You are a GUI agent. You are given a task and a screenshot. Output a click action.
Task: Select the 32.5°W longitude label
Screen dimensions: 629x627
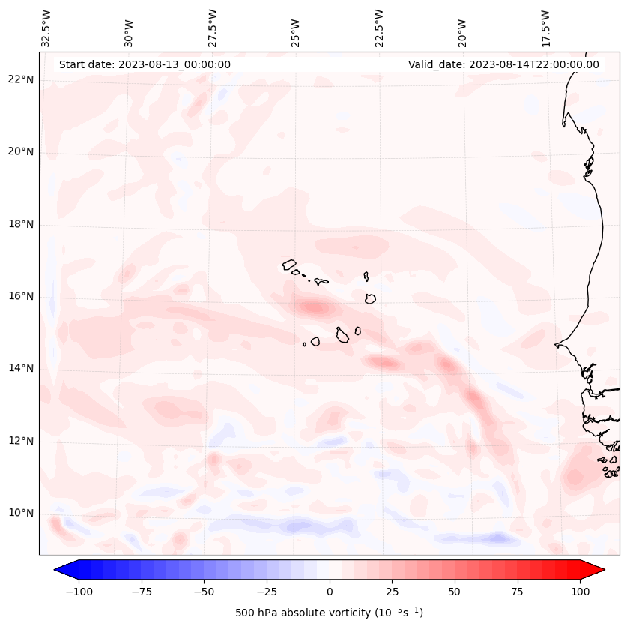[46, 28]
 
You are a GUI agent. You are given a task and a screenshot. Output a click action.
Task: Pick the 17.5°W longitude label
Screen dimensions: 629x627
[545, 28]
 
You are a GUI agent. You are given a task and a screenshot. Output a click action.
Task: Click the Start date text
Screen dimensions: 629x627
[145, 64]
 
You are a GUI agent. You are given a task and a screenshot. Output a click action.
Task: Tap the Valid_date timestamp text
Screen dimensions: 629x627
[503, 64]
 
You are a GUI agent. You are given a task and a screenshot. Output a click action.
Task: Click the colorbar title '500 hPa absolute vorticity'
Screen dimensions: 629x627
[329, 613]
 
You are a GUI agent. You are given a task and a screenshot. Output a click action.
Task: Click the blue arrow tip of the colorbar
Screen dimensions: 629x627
[60, 570]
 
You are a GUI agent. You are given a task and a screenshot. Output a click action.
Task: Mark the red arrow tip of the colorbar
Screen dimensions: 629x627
[599, 570]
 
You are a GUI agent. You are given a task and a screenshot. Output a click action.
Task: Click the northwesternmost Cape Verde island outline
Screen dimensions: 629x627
[289, 265]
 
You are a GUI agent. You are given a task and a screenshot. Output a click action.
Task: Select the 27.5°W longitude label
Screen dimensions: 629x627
[213, 28]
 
